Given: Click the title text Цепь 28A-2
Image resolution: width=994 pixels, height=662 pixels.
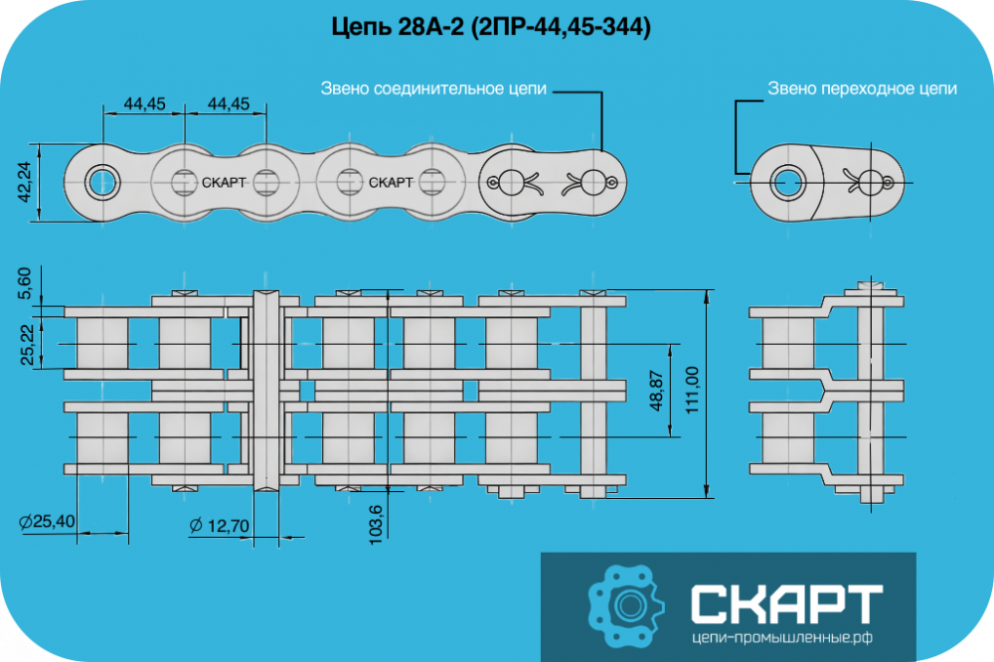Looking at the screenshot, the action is [399, 27].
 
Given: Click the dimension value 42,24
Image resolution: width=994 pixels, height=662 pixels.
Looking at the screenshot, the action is [24, 182].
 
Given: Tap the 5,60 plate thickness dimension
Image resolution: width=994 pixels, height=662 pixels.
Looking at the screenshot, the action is [24, 283].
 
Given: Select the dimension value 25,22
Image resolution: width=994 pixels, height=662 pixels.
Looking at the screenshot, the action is [27, 345].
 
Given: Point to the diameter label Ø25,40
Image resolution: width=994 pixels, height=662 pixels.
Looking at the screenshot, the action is [47, 522].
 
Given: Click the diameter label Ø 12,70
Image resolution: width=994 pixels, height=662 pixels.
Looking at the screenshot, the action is [220, 526].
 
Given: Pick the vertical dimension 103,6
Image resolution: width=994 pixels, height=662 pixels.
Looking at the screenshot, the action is [376, 525].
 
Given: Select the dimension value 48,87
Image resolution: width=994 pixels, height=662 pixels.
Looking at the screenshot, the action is [657, 391].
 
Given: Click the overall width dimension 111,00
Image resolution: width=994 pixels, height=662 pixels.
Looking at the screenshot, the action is [692, 391].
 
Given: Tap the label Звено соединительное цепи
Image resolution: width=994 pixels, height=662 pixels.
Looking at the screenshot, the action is [433, 88].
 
